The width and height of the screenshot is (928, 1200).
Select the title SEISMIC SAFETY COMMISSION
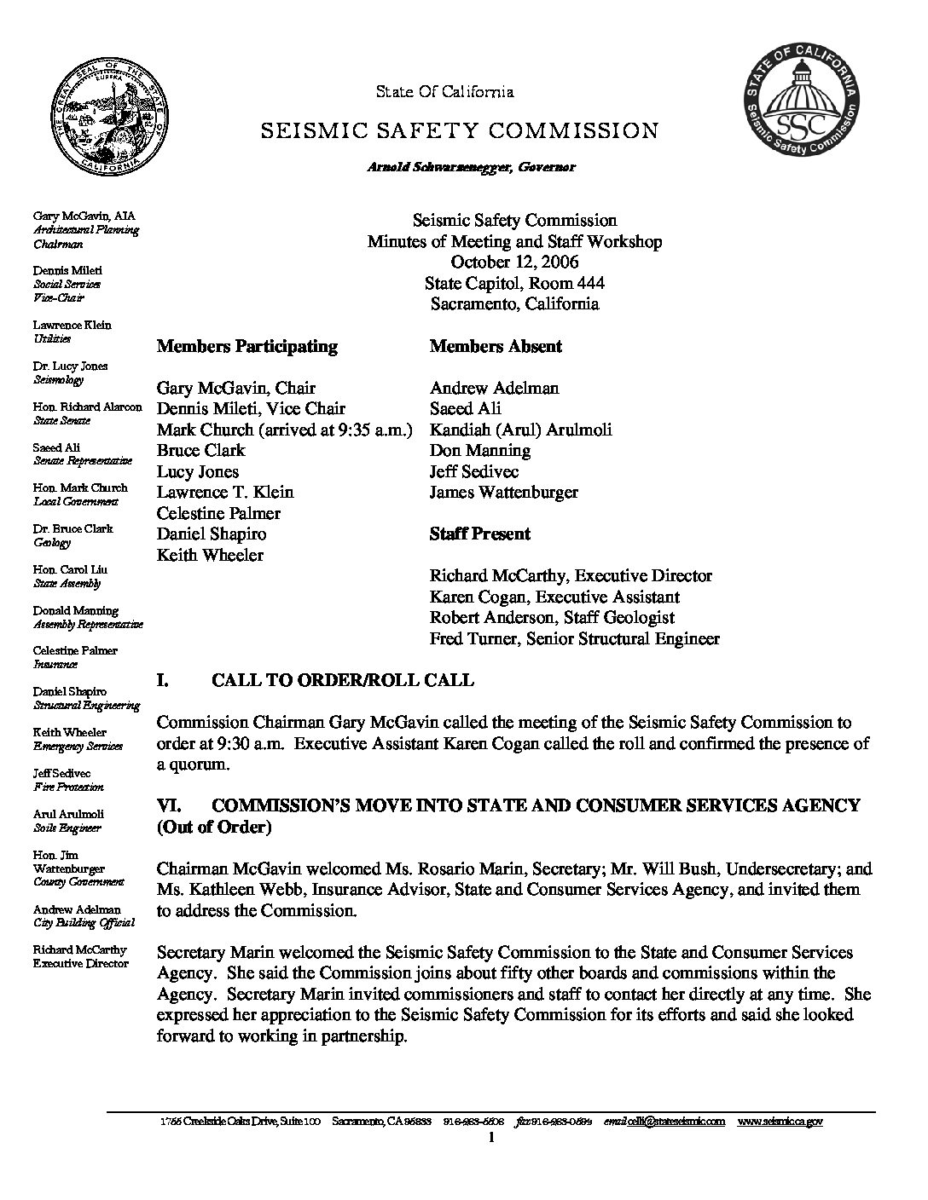459,131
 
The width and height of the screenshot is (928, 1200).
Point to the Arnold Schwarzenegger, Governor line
471,167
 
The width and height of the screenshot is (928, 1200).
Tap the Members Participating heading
247,346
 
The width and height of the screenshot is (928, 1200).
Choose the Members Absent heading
496,346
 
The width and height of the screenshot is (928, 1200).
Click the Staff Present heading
479,534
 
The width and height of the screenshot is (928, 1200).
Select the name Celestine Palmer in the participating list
218,513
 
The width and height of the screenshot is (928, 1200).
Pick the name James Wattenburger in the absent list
503,492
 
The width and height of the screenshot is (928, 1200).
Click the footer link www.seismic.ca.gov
780,1122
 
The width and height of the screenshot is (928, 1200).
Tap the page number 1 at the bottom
492,1138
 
